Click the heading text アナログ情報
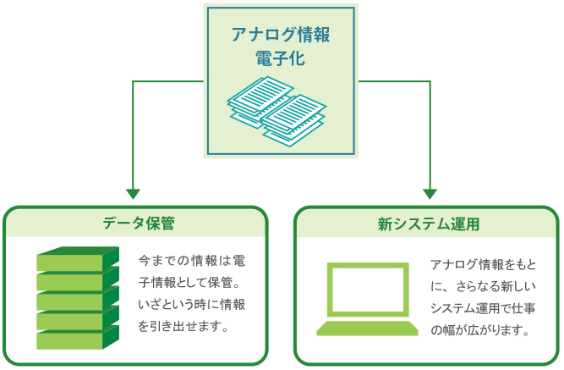coord(281,35)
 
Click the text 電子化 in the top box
coord(281,58)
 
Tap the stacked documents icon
coord(277,111)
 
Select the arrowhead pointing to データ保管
coord(133,194)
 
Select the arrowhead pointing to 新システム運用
coord(430,194)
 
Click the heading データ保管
coord(139,223)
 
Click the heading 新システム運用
coord(429,224)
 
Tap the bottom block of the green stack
coord(78,338)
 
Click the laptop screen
coord(368,290)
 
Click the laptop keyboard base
coord(367,329)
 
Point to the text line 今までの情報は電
coord(191,261)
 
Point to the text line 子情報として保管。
coord(189,283)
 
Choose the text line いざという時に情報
coord(191,305)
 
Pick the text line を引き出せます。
coord(183,327)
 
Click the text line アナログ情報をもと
coord(484,265)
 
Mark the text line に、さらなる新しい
coord(484,286)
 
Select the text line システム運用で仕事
coord(483,308)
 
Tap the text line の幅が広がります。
coord(479,330)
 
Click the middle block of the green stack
coord(78,298)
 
